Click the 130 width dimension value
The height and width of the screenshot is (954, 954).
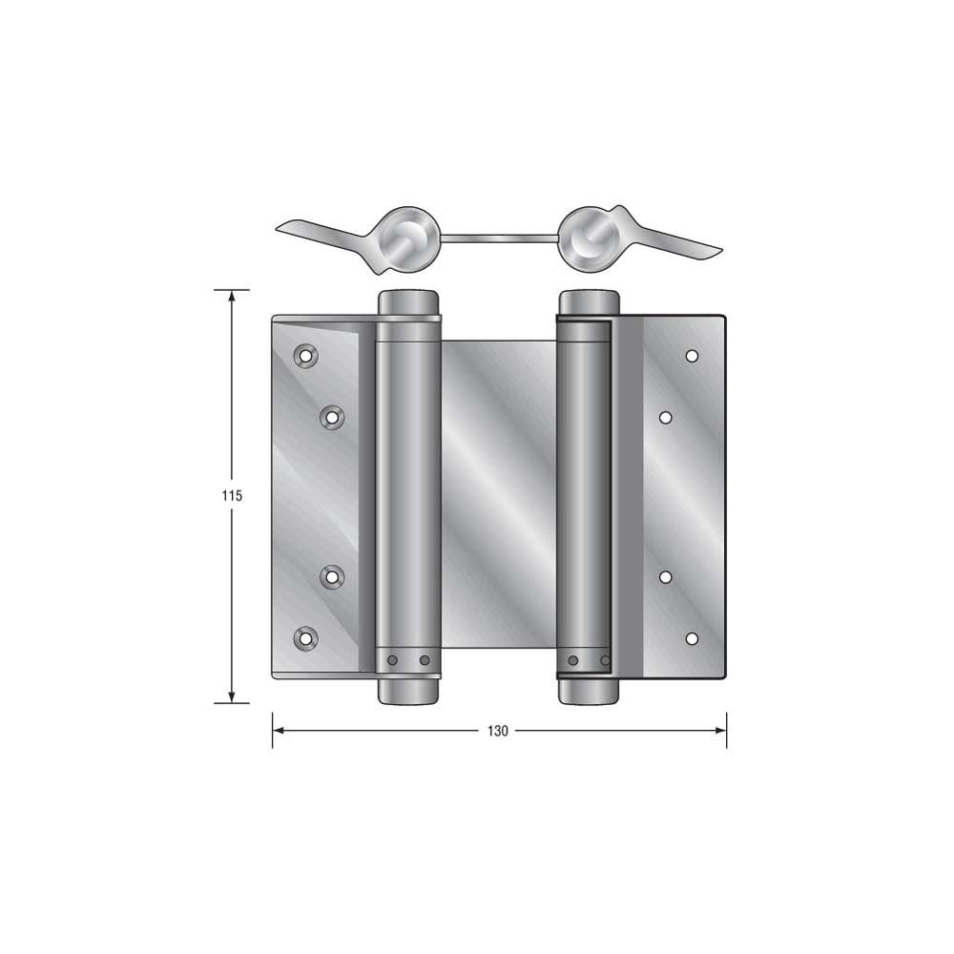[498, 732]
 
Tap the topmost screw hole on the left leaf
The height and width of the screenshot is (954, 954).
[305, 355]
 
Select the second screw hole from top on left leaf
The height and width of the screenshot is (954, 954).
[332, 417]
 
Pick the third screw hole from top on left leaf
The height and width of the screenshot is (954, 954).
[332, 576]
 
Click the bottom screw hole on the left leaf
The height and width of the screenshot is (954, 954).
[305, 638]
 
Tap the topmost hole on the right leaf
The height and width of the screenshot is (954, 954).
[692, 356]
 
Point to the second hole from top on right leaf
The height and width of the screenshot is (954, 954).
[666, 417]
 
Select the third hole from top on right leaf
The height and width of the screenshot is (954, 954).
[666, 576]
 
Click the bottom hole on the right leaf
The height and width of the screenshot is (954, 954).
[692, 638]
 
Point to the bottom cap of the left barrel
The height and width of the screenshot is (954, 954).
[408, 690]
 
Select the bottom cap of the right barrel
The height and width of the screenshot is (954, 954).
[588, 690]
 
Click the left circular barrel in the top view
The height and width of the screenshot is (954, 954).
[409, 236]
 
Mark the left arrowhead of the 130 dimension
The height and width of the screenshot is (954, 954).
[280, 731]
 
